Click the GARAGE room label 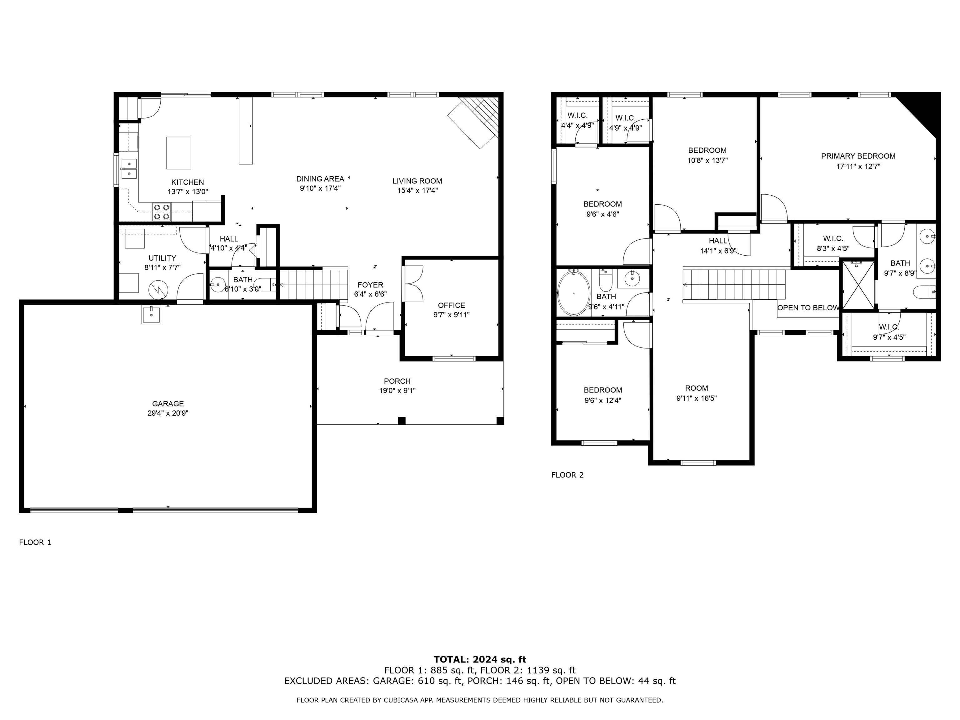click(x=168, y=404)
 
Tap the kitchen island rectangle click(x=179, y=153)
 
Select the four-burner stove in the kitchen click(x=162, y=212)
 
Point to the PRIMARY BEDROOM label click(x=858, y=156)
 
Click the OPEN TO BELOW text click(x=808, y=308)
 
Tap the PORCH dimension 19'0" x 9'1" click(x=397, y=391)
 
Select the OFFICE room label click(x=451, y=305)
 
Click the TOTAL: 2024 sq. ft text click(x=480, y=660)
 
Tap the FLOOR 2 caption click(x=567, y=475)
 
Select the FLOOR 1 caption click(x=35, y=542)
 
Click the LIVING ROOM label click(x=417, y=181)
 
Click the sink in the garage click(x=151, y=315)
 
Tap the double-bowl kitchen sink click(x=129, y=169)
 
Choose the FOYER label click(x=370, y=285)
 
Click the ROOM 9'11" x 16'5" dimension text click(x=696, y=398)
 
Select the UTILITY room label click(x=162, y=258)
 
